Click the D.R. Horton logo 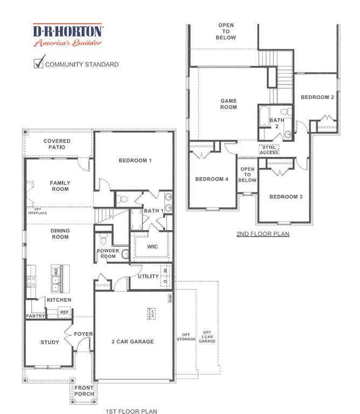(x=68, y=34)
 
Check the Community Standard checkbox (x=38, y=63)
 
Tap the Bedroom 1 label (x=134, y=161)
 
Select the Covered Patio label (x=57, y=144)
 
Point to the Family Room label (x=60, y=186)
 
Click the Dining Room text (x=60, y=234)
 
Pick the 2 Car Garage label (x=133, y=341)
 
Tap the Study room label (x=50, y=342)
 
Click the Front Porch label (x=84, y=391)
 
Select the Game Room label (x=229, y=104)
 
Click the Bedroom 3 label (x=286, y=197)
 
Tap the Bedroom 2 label (x=317, y=97)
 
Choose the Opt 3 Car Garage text (x=207, y=336)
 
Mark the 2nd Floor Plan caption (x=263, y=234)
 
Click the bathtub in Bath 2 (x=263, y=118)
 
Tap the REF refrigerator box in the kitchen (x=64, y=312)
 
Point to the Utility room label (x=148, y=277)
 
